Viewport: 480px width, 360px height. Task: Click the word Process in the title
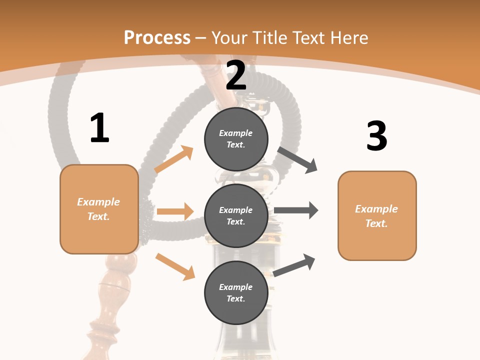pyautogui.click(x=157, y=38)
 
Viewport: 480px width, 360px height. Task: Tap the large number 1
pyautogui.click(x=99, y=128)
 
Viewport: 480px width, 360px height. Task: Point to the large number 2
pyautogui.click(x=236, y=75)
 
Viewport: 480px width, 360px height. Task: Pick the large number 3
pyautogui.click(x=376, y=136)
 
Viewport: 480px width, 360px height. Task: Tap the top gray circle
pyautogui.click(x=236, y=139)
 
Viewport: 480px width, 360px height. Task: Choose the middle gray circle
pyautogui.click(x=236, y=215)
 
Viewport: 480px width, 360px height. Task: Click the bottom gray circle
pyautogui.click(x=236, y=292)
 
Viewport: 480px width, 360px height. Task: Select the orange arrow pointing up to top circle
pyautogui.click(x=174, y=159)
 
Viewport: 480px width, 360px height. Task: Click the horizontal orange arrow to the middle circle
pyautogui.click(x=175, y=211)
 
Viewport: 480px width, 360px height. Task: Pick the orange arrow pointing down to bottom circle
pyautogui.click(x=175, y=266)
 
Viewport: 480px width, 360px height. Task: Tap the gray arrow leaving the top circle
pyautogui.click(x=297, y=160)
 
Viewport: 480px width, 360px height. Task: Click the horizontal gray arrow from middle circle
pyautogui.click(x=296, y=210)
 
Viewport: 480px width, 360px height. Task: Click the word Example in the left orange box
pyautogui.click(x=98, y=202)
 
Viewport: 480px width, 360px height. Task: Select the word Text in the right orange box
pyautogui.click(x=375, y=223)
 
